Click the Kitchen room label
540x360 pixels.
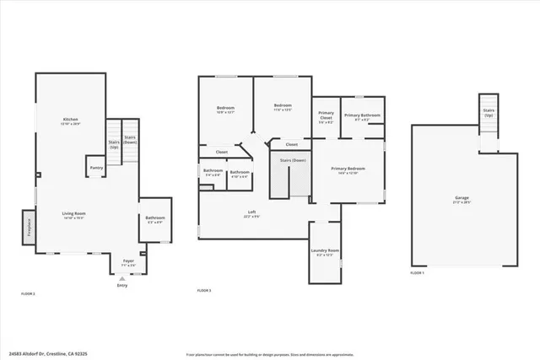(71, 121)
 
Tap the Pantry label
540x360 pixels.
(96, 168)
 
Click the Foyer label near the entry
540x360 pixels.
(128, 262)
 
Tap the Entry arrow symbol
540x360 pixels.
(123, 278)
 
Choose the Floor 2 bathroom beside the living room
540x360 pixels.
(155, 219)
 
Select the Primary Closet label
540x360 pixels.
(326, 117)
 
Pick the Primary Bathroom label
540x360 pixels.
(362, 116)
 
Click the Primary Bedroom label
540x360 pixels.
(348, 170)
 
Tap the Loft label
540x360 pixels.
(251, 213)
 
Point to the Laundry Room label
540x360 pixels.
(326, 251)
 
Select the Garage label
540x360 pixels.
(462, 200)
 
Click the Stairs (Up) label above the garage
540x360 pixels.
(489, 112)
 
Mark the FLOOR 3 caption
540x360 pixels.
(204, 291)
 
